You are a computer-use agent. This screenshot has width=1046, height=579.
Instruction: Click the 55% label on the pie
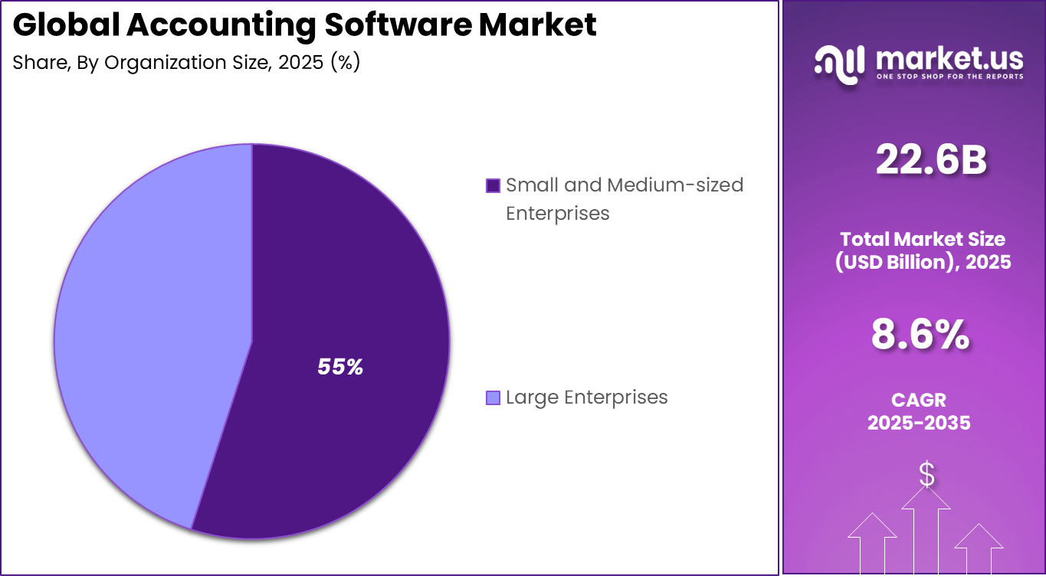[x=340, y=368]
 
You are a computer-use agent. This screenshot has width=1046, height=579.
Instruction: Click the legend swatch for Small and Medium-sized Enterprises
[x=493, y=185]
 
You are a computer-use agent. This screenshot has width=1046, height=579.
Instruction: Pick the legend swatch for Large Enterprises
[x=493, y=397]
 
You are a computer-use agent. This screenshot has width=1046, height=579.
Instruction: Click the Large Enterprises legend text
[x=587, y=397]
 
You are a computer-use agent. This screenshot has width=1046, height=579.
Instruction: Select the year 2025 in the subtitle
[x=302, y=63]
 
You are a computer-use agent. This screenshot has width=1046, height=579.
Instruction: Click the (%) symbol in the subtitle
[x=345, y=63]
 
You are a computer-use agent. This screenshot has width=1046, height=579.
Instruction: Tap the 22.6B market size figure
[x=930, y=161]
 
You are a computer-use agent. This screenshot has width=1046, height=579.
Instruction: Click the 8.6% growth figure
[x=920, y=335]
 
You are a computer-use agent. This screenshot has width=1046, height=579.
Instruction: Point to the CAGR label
[x=919, y=400]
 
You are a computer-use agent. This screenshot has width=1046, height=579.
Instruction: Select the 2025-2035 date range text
[x=919, y=423]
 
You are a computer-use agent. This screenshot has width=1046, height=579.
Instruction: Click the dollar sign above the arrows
[x=926, y=475]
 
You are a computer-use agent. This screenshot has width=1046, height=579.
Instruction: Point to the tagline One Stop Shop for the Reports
[x=949, y=77]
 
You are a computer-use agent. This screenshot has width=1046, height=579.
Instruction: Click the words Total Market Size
[x=923, y=239]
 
